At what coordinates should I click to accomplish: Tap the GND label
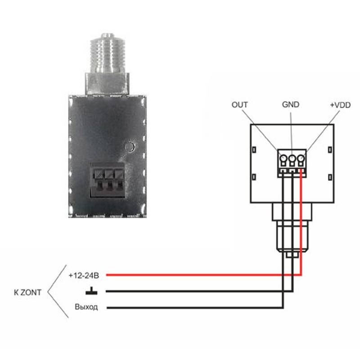[290, 105]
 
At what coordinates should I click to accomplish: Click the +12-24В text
[84, 275]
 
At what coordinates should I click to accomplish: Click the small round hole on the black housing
[130, 146]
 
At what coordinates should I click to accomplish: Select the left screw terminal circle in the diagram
[283, 158]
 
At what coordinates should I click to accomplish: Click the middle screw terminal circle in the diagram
[292, 158]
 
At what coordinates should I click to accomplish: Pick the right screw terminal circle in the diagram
[301, 158]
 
